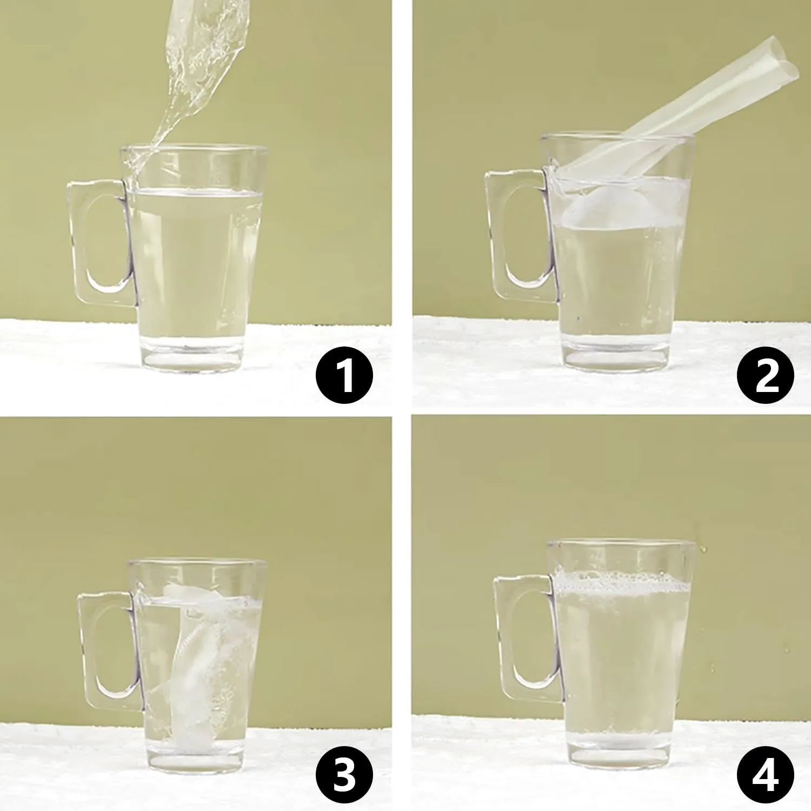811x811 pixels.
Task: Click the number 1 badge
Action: (x=344, y=375)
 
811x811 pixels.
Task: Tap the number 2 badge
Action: (x=766, y=375)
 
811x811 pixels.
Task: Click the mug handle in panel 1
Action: (x=76, y=238)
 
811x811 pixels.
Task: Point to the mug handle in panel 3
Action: (x=87, y=649)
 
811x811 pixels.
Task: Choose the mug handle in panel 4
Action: (x=503, y=638)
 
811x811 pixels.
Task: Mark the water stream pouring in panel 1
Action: (x=189, y=81)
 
